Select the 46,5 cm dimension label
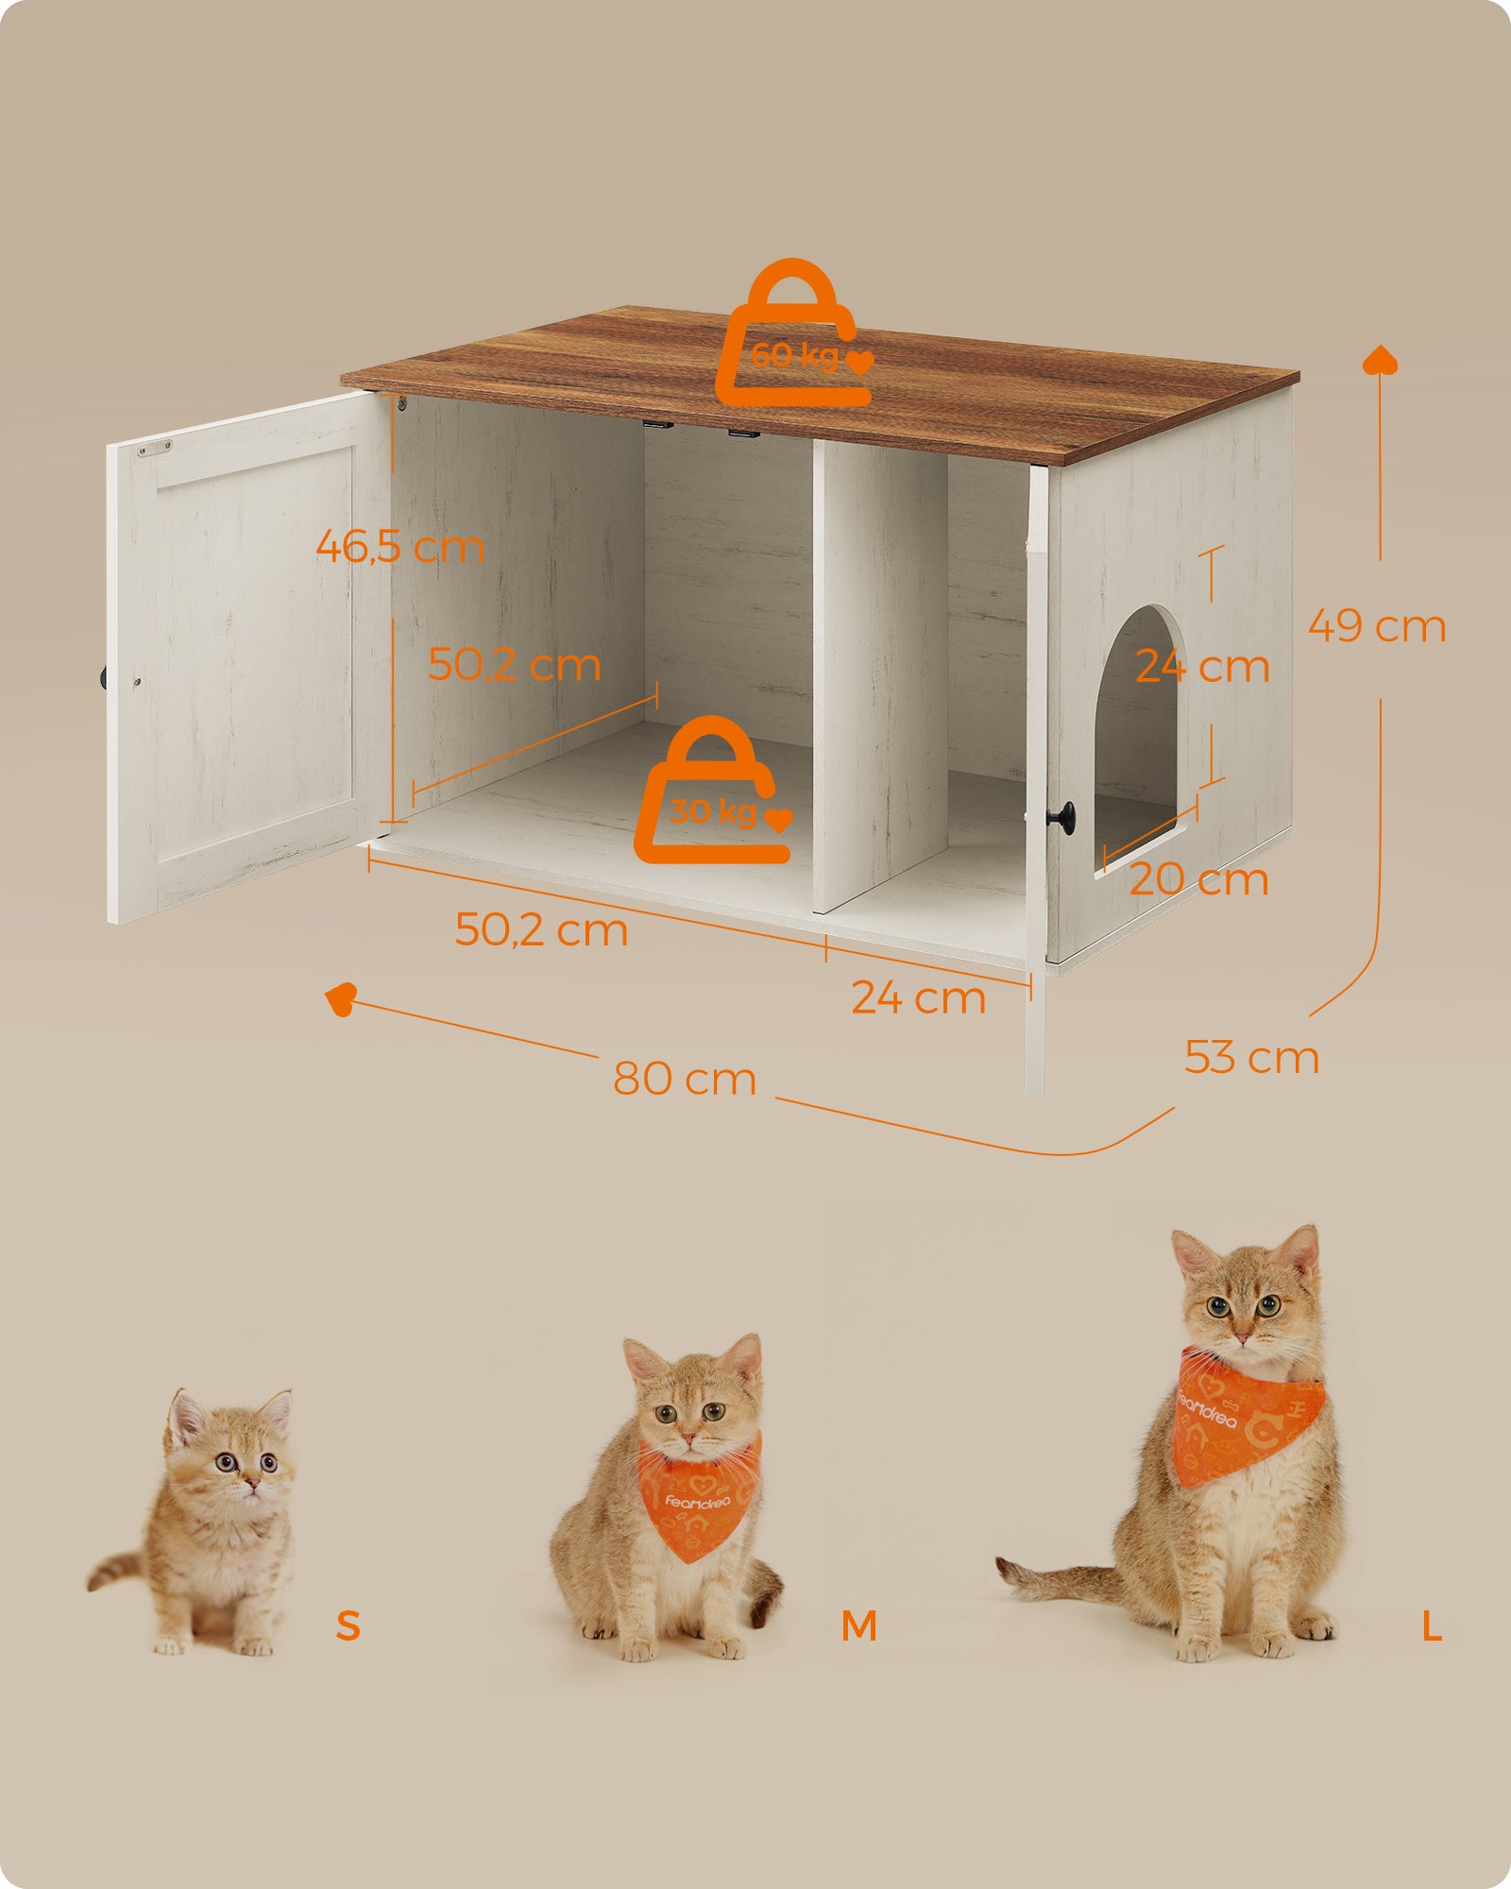tap(399, 547)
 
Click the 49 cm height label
tap(1377, 626)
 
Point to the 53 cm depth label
tap(1251, 1057)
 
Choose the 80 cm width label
tap(685, 1079)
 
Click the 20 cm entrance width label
tap(1198, 879)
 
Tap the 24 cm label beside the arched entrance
tap(1201, 667)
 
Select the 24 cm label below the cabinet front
tap(918, 998)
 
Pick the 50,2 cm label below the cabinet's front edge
tap(541, 930)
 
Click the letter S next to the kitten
tap(348, 1625)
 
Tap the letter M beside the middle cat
tap(858, 1625)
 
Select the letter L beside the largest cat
tap(1432, 1626)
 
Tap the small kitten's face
tap(236, 1459)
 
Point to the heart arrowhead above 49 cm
tap(1381, 360)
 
